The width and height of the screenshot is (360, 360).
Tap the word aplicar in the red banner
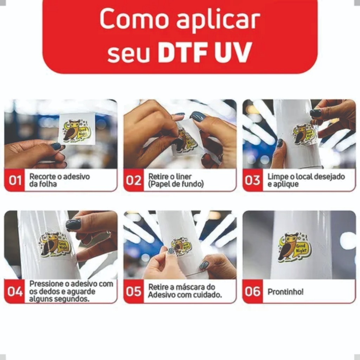pyautogui.click(x=218, y=20)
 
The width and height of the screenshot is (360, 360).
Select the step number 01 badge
pyautogui.click(x=15, y=180)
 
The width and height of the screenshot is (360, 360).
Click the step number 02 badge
pyautogui.click(x=134, y=180)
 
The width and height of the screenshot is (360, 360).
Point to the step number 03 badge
pyautogui.click(x=252, y=180)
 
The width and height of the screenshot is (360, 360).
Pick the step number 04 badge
pyautogui.click(x=15, y=291)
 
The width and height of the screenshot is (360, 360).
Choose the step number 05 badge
pyautogui.click(x=134, y=291)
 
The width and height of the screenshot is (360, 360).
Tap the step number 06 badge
pyautogui.click(x=252, y=291)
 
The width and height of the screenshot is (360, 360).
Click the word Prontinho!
pyautogui.click(x=285, y=292)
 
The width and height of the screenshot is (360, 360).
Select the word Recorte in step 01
pyautogui.click(x=43, y=176)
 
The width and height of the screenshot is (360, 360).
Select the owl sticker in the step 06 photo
pyautogui.click(x=295, y=247)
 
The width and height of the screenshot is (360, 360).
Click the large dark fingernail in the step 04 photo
pyautogui.click(x=73, y=224)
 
